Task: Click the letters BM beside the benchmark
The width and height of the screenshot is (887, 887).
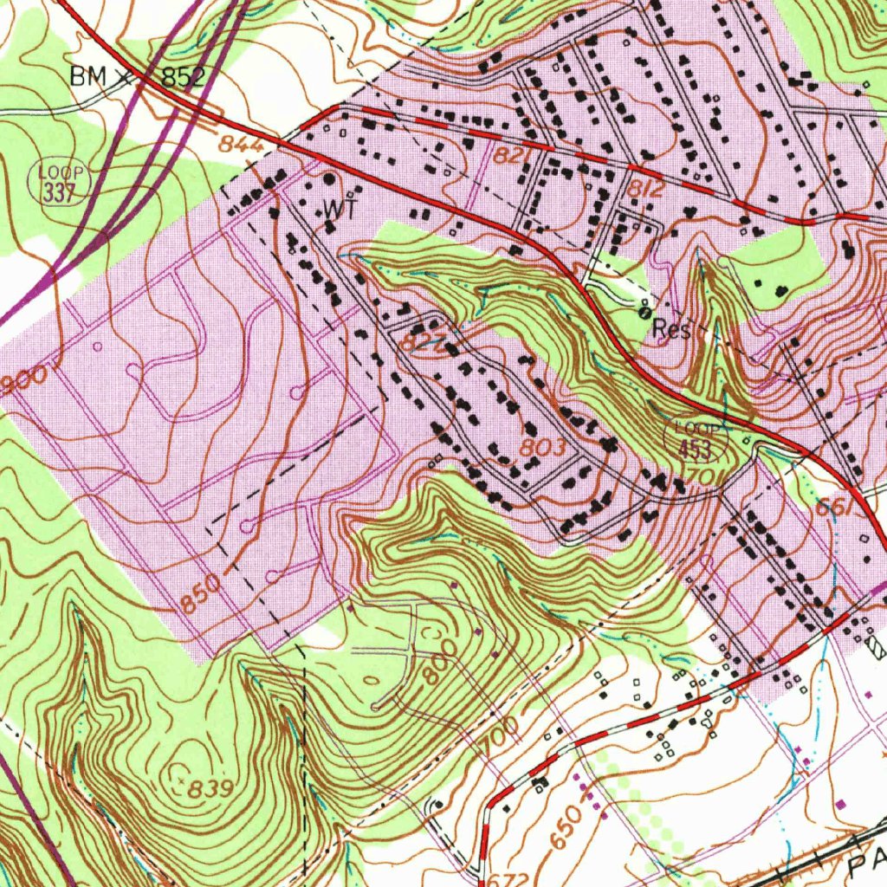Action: click(90, 76)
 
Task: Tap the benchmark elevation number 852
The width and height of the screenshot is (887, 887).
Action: click(182, 77)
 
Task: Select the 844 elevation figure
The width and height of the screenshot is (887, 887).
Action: click(240, 146)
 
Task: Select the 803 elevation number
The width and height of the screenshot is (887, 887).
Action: click(543, 448)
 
